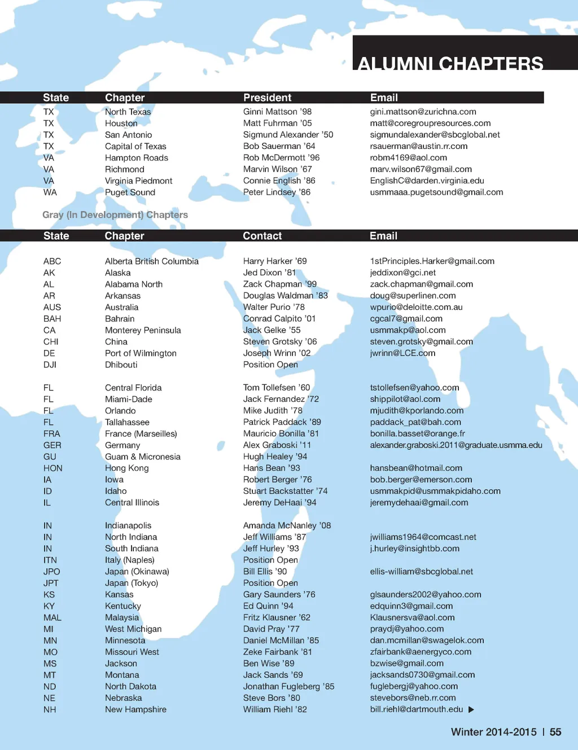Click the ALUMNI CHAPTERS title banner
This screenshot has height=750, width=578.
(450, 62)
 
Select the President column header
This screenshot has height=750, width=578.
(267, 98)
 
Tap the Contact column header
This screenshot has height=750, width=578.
(262, 236)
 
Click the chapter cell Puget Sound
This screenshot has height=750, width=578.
(130, 192)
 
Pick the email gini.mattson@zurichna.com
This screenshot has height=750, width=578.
(423, 112)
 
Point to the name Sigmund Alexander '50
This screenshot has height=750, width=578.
(288, 135)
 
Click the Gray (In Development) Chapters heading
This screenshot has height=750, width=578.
(115, 215)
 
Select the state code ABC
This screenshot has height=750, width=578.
(52, 261)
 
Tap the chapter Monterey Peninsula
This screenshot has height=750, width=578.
(143, 330)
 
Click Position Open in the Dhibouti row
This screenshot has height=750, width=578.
(270, 365)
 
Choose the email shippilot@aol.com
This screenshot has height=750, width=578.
(405, 399)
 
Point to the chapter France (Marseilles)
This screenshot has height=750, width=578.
(141, 433)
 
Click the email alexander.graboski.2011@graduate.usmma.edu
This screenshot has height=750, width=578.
(456, 445)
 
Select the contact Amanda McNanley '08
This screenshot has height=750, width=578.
(287, 525)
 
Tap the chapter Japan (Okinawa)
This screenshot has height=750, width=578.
(137, 572)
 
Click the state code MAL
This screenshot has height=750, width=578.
(52, 617)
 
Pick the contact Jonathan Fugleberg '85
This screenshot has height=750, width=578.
(288, 686)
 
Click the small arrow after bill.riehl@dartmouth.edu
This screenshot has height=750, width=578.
(471, 709)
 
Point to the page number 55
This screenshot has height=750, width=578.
(555, 732)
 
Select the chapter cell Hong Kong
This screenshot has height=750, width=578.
(126, 468)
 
